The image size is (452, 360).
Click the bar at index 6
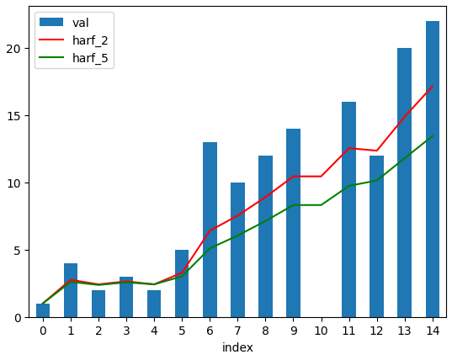click(210, 230)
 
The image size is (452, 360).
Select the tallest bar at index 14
click(433, 169)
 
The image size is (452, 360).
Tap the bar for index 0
click(43, 310)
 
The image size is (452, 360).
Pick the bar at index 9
click(294, 223)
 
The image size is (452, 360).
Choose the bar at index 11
click(349, 209)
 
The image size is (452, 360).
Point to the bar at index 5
click(182, 283)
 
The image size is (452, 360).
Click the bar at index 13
click(404, 183)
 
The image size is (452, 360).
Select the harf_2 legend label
click(90, 40)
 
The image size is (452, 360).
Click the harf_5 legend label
click(90, 58)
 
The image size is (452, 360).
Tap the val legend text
click(81, 23)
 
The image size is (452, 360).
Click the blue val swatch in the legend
click(51, 22)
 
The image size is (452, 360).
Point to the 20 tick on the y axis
click(13, 49)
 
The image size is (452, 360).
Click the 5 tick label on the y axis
click(18, 251)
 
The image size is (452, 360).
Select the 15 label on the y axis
click(13, 116)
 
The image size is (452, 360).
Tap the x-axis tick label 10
click(322, 331)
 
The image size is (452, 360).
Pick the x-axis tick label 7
click(237, 331)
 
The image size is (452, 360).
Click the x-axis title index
click(237, 347)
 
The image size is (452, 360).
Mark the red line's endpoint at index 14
click(433, 86)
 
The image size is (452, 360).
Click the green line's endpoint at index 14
click(433, 135)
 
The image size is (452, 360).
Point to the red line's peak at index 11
click(349, 148)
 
